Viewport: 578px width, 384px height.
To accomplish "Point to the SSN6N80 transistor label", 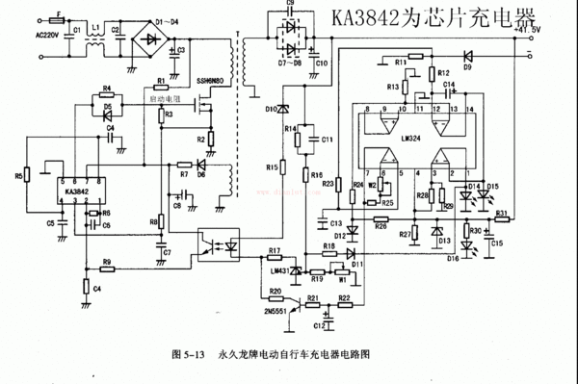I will point(211,82).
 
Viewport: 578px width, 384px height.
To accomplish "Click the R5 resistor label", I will point(18,177).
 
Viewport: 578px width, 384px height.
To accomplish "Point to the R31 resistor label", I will point(500,213).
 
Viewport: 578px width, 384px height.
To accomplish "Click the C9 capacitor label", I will point(291,4).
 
